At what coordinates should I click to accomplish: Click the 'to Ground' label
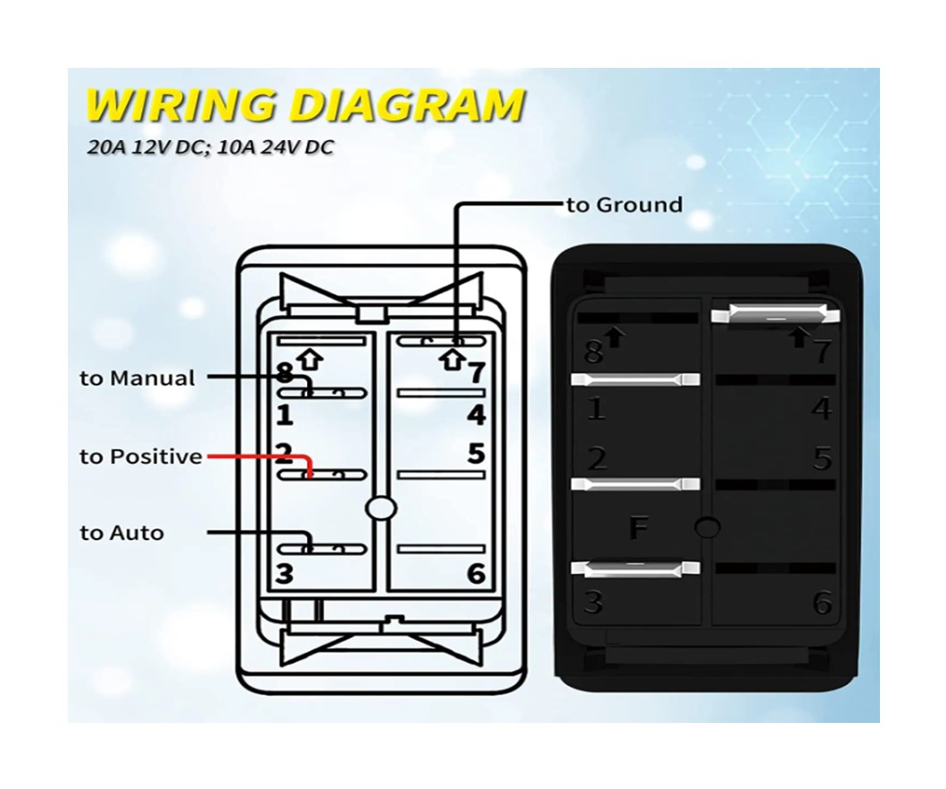[x=625, y=205]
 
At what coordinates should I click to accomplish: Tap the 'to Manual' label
[x=137, y=378]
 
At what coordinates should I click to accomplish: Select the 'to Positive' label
[x=141, y=457]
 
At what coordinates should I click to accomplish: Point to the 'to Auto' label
[x=122, y=533]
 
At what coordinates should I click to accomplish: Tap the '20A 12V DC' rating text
[x=149, y=147]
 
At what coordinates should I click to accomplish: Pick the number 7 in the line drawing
[x=477, y=373]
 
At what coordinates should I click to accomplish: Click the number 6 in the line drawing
[x=476, y=574]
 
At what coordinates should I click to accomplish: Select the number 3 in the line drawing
[x=284, y=574]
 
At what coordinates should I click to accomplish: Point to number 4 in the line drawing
[x=476, y=415]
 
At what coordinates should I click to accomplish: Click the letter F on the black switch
[x=638, y=528]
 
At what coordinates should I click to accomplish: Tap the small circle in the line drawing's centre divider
[x=381, y=509]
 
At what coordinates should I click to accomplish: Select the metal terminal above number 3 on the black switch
[x=635, y=567]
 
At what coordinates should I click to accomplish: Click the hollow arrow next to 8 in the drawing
[x=311, y=360]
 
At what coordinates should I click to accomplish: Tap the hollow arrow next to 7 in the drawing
[x=452, y=360]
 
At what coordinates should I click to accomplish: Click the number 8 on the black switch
[x=593, y=351]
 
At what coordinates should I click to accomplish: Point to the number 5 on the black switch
[x=822, y=459]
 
